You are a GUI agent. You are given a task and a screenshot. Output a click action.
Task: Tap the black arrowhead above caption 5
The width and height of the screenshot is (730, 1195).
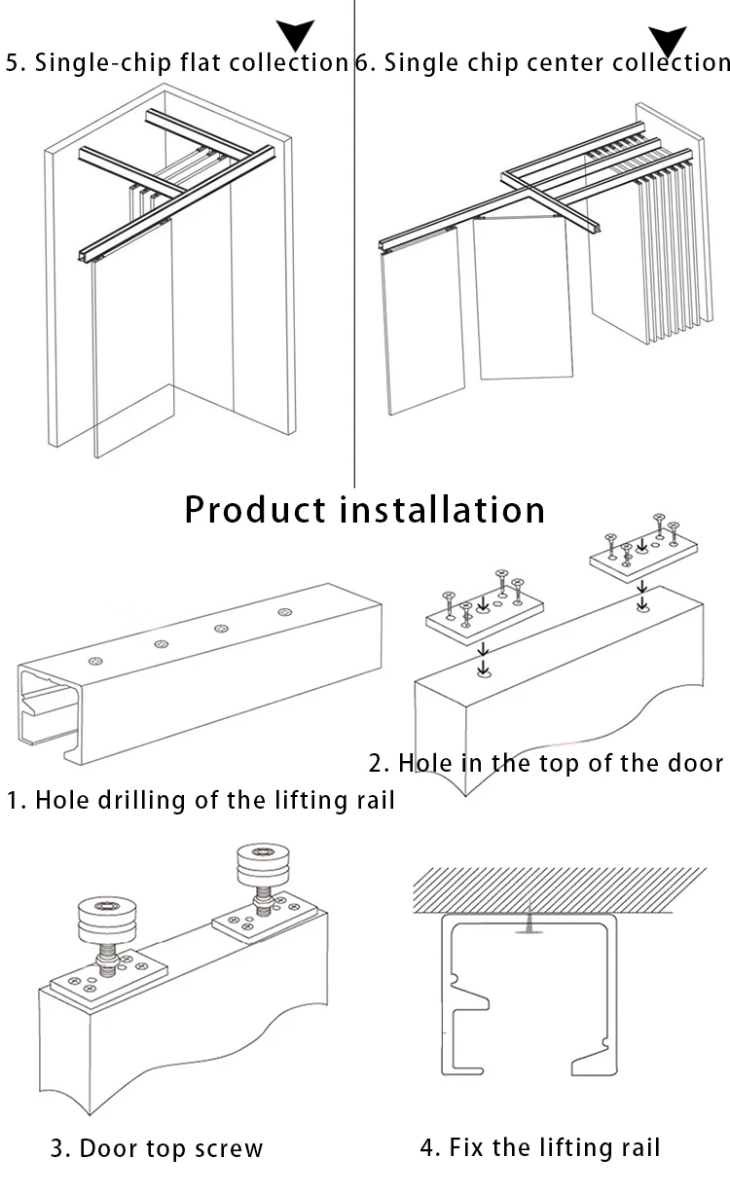pyautogui.click(x=295, y=35)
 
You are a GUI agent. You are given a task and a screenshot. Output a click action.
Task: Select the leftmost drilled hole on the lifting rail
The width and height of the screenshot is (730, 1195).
pyautogui.click(x=95, y=662)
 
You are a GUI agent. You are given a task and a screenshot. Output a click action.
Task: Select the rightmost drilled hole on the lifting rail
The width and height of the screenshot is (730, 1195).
pyautogui.click(x=284, y=612)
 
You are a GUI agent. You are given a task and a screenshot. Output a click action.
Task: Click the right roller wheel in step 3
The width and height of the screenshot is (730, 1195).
pyautogui.click(x=264, y=863)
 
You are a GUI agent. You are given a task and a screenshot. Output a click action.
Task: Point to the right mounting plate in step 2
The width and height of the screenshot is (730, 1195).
pyautogui.click(x=646, y=553)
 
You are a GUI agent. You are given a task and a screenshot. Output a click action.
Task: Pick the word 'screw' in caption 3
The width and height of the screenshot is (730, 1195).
pyautogui.click(x=229, y=1148)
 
